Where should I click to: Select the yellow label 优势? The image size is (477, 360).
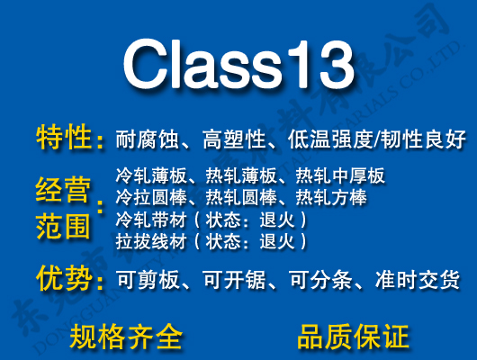pos(64,279)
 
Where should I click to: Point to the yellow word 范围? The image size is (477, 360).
pos(64,225)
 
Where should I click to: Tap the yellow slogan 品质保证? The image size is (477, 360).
pos(353,337)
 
